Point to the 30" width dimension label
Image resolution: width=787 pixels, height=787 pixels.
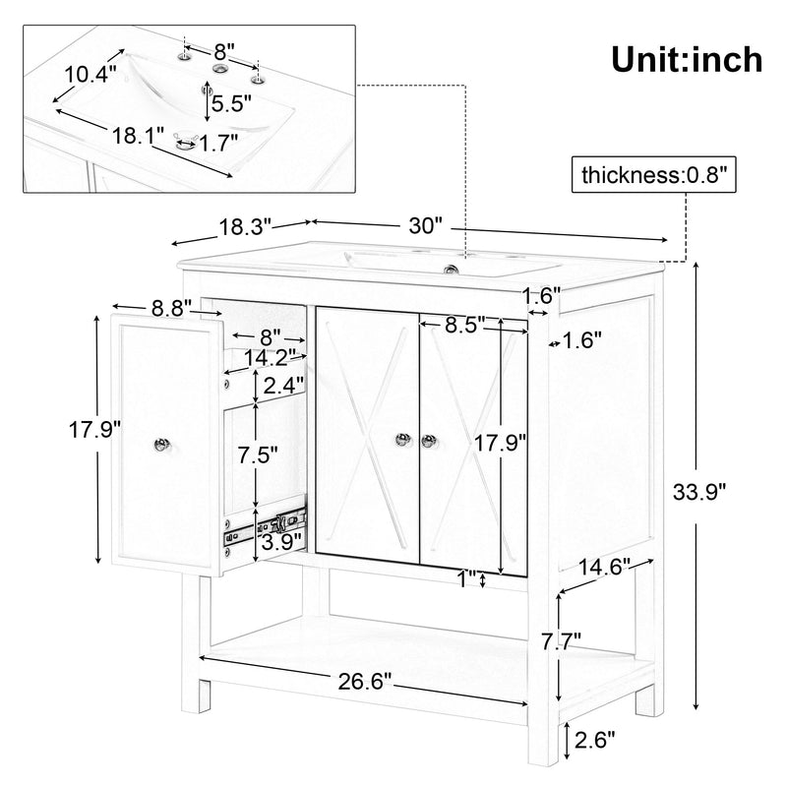(x=425, y=225)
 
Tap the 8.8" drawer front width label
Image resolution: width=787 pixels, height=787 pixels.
(x=170, y=307)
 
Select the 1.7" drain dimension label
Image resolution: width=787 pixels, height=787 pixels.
(x=219, y=143)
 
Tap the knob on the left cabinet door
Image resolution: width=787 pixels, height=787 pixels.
(x=402, y=440)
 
